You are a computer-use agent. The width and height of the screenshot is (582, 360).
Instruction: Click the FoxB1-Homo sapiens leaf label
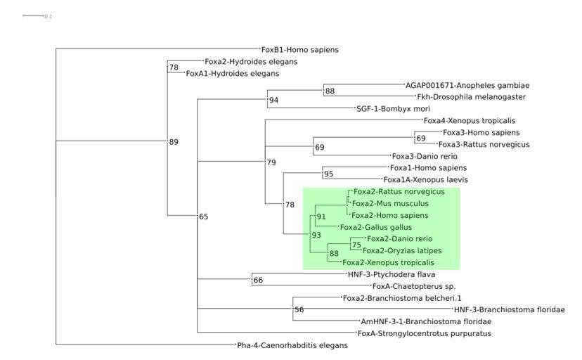point(300,50)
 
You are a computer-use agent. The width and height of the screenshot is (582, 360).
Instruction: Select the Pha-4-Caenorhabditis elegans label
point(292,346)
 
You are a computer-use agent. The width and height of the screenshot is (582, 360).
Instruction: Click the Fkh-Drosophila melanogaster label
point(471,97)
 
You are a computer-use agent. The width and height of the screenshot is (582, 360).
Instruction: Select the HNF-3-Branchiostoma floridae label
point(510,309)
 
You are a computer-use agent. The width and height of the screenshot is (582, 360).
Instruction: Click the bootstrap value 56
point(299,310)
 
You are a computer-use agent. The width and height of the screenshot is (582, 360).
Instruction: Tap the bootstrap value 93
point(316,235)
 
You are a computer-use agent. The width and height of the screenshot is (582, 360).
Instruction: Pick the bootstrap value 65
point(204,217)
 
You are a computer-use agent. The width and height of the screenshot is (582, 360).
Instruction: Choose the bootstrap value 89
point(174,142)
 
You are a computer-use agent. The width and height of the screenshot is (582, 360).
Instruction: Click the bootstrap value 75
point(356,245)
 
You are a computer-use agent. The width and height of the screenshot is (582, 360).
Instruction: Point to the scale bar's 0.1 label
point(48,16)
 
